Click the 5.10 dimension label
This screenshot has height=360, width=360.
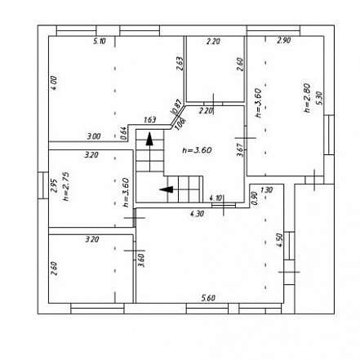coord(100,41)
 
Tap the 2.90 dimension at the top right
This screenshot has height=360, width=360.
coord(283,40)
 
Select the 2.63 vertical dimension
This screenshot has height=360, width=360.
coord(179,64)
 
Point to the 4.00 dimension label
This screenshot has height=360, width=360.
coord(54,82)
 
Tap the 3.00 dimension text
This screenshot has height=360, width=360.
coord(94,136)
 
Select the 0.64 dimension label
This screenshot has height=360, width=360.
coord(123,132)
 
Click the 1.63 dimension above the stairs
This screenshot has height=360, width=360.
coord(150,121)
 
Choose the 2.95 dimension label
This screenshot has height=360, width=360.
coord(54,187)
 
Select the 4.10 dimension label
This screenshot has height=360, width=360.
coord(216,198)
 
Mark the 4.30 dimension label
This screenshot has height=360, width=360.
coord(197,215)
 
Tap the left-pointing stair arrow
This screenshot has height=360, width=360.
coord(167,190)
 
